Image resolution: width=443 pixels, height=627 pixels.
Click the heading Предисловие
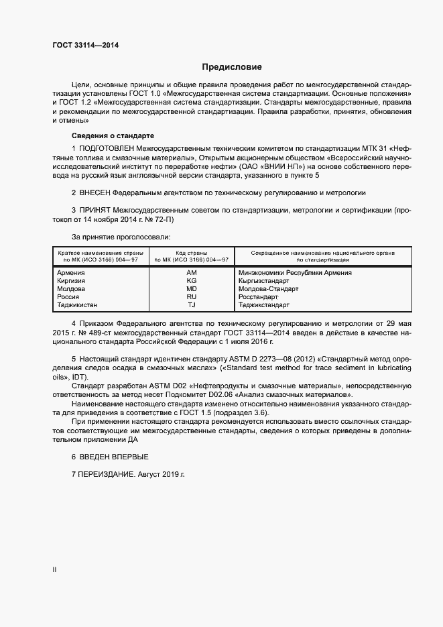tap(232, 67)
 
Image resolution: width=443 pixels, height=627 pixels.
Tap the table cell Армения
tap(71, 273)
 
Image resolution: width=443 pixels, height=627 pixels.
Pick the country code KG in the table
tap(191, 281)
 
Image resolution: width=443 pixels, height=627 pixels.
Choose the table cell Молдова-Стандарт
tap(269, 289)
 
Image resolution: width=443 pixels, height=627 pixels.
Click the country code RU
tap(191, 297)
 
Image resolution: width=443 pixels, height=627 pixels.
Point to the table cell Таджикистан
tap(78, 305)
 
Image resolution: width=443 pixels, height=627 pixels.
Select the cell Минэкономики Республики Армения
tap(295, 273)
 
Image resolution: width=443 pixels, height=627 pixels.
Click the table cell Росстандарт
tap(258, 297)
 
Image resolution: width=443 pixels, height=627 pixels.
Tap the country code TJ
tap(191, 305)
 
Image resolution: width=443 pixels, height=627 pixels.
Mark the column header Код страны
tap(191, 253)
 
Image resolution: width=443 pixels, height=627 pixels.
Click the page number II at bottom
tap(54, 570)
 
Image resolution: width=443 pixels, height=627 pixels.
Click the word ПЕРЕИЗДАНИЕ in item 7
tap(107, 474)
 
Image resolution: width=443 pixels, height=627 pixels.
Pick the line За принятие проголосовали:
tap(121, 237)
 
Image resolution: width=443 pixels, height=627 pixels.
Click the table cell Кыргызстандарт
tap(263, 281)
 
